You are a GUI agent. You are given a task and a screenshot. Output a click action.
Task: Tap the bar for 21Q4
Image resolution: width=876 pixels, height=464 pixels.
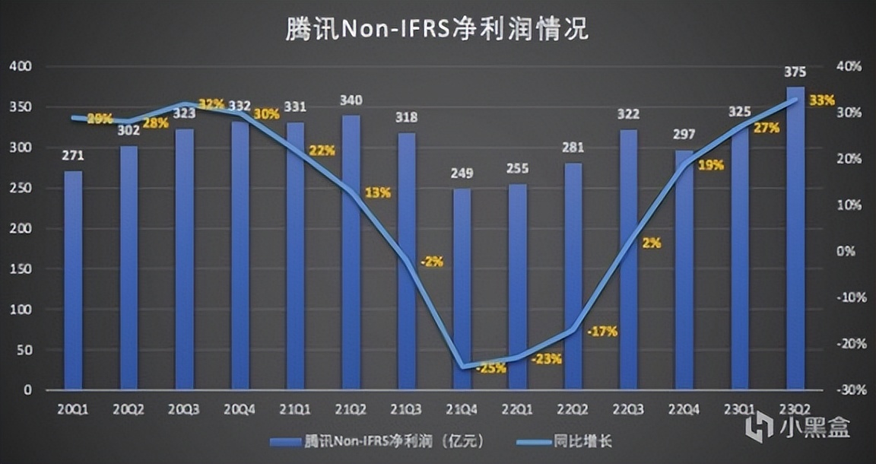pyautogui.click(x=462, y=289)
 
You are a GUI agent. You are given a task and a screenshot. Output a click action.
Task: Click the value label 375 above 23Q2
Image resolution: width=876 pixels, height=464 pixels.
pyautogui.click(x=795, y=72)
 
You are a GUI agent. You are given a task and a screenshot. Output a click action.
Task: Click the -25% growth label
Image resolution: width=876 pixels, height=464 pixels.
pyautogui.click(x=491, y=369)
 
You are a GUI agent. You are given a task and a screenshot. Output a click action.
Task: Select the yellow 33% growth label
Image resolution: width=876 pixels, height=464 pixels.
pyautogui.click(x=823, y=100)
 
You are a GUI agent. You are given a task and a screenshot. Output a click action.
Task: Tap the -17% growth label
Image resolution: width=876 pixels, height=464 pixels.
pyautogui.click(x=602, y=332)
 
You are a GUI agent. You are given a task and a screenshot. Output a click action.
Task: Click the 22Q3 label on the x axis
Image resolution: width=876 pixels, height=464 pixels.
pyautogui.click(x=629, y=409)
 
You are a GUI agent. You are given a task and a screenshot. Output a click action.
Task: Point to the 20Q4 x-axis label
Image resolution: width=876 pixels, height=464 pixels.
pyautogui.click(x=240, y=409)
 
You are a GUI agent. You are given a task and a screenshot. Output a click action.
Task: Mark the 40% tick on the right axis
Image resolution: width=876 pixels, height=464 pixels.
pyautogui.click(x=849, y=67)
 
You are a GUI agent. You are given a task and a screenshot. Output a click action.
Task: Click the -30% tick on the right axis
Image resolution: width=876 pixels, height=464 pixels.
pyautogui.click(x=849, y=389)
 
